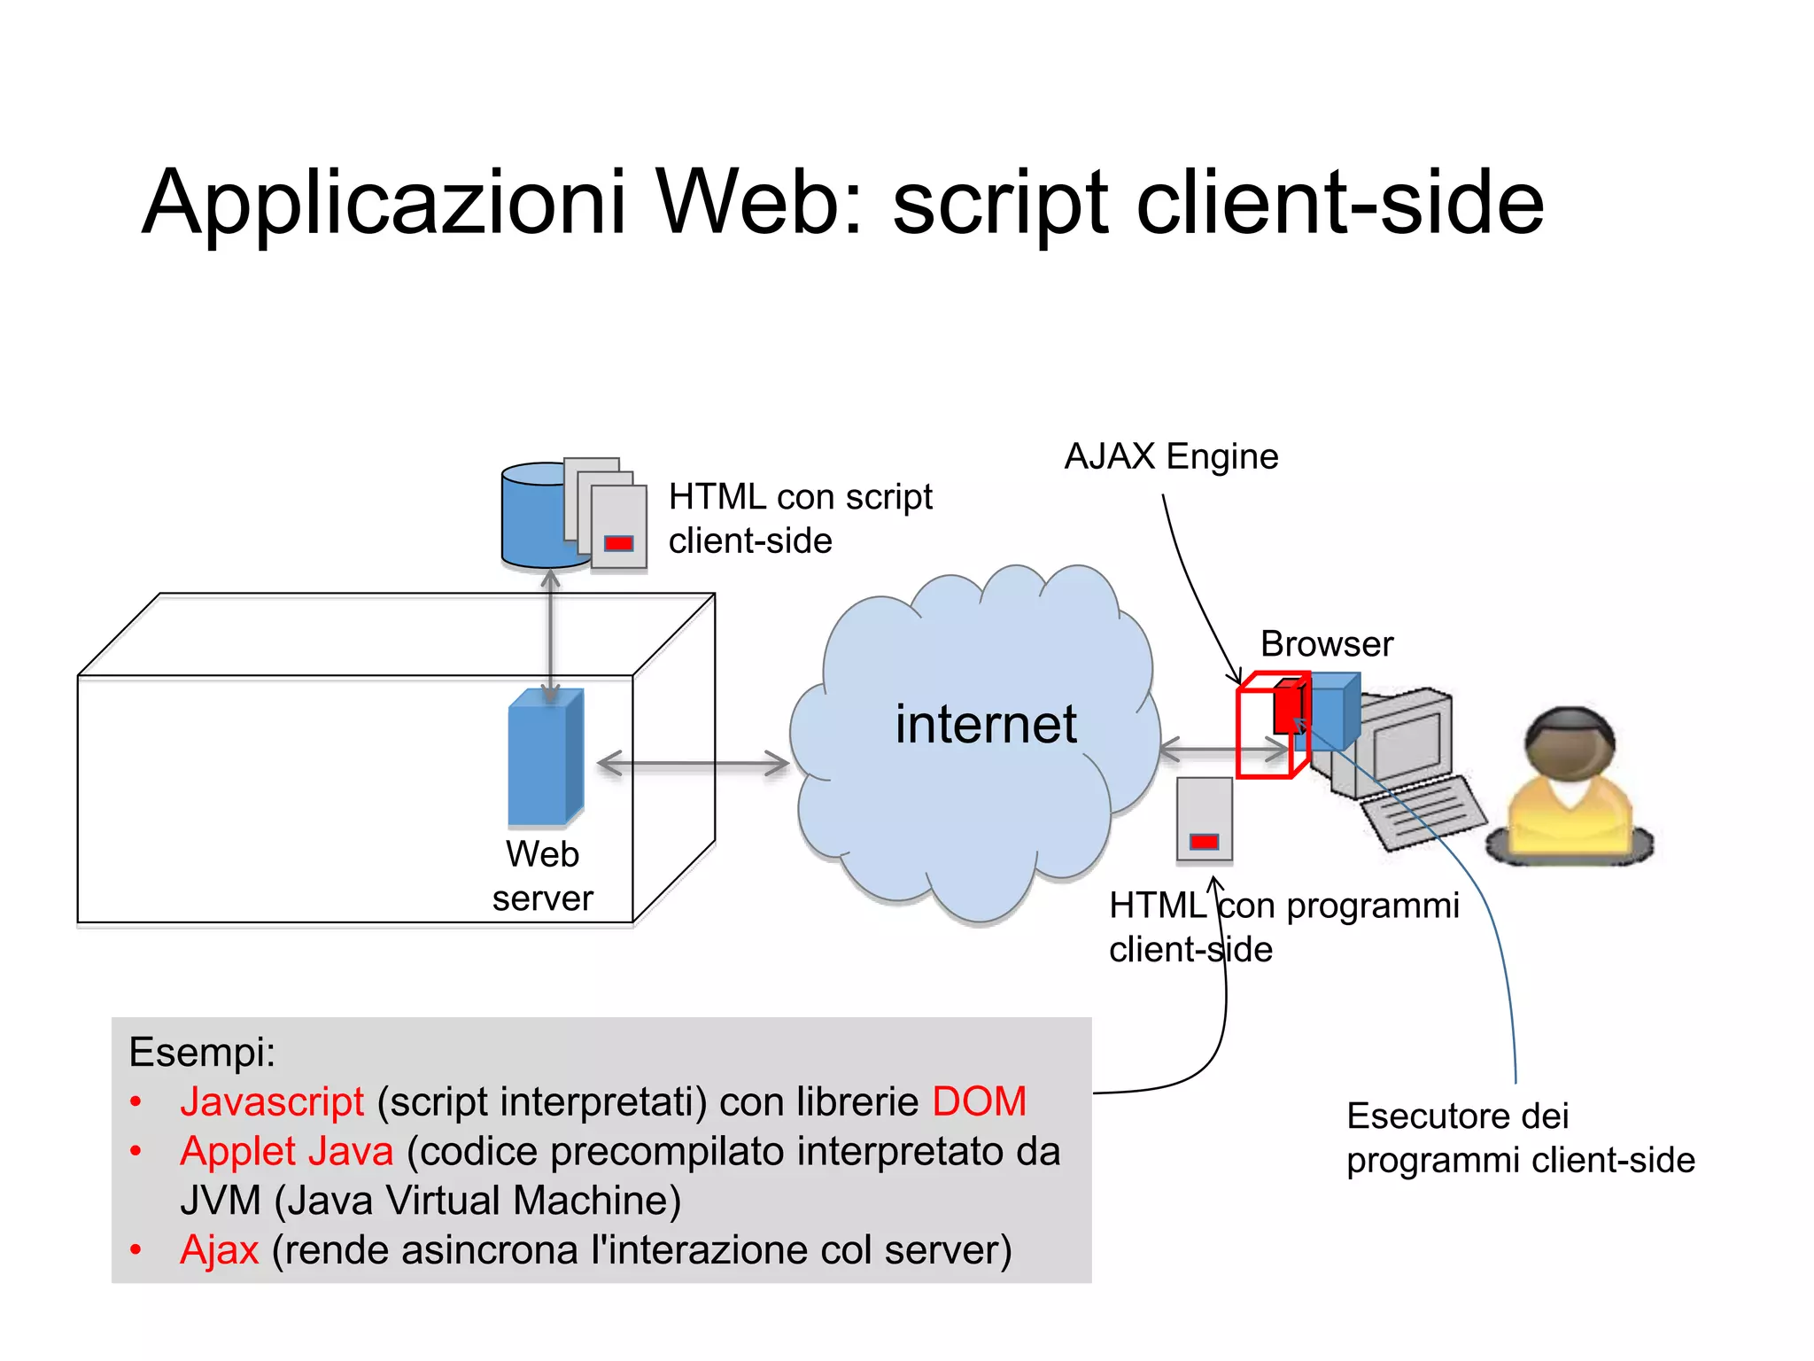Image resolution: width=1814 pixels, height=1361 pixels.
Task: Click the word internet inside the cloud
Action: click(x=985, y=725)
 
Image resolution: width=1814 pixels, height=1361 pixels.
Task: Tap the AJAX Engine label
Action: click(x=1171, y=457)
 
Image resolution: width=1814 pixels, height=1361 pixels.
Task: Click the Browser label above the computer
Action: click(x=1326, y=644)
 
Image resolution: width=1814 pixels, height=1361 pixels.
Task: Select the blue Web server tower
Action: click(x=544, y=758)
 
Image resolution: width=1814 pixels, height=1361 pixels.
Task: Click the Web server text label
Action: click(x=542, y=876)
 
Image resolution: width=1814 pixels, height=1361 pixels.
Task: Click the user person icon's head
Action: click(x=1569, y=744)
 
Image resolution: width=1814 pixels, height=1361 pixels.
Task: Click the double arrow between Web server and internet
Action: click(x=693, y=763)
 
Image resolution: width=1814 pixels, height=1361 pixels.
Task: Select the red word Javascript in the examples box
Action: click(x=272, y=1102)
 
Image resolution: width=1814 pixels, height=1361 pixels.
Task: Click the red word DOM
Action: click(x=979, y=1102)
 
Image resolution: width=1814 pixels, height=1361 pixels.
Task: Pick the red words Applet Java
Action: click(x=286, y=1152)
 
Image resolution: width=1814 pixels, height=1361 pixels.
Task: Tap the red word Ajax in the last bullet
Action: click(x=219, y=1250)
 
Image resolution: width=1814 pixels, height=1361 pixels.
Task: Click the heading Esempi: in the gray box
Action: click(x=202, y=1053)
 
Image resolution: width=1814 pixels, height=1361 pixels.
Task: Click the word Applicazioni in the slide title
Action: click(x=384, y=203)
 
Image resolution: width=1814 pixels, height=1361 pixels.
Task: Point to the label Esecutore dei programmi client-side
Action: click(x=1519, y=1138)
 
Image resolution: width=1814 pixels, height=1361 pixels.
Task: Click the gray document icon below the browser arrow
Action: click(x=1204, y=819)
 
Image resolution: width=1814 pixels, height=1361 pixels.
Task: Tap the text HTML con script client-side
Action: click(x=799, y=518)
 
